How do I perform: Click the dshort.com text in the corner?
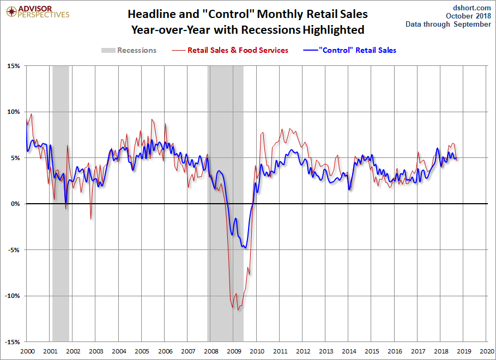point(472,7)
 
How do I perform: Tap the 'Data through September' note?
point(448,25)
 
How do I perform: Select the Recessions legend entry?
point(129,50)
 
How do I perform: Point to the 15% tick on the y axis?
point(13,66)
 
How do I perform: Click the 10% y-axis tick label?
point(13,112)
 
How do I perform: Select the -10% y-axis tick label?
point(12,296)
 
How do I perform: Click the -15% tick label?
point(12,342)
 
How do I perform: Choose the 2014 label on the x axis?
point(349,352)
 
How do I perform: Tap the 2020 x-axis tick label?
point(487,352)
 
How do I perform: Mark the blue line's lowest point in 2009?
point(246,248)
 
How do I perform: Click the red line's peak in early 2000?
point(31,114)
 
